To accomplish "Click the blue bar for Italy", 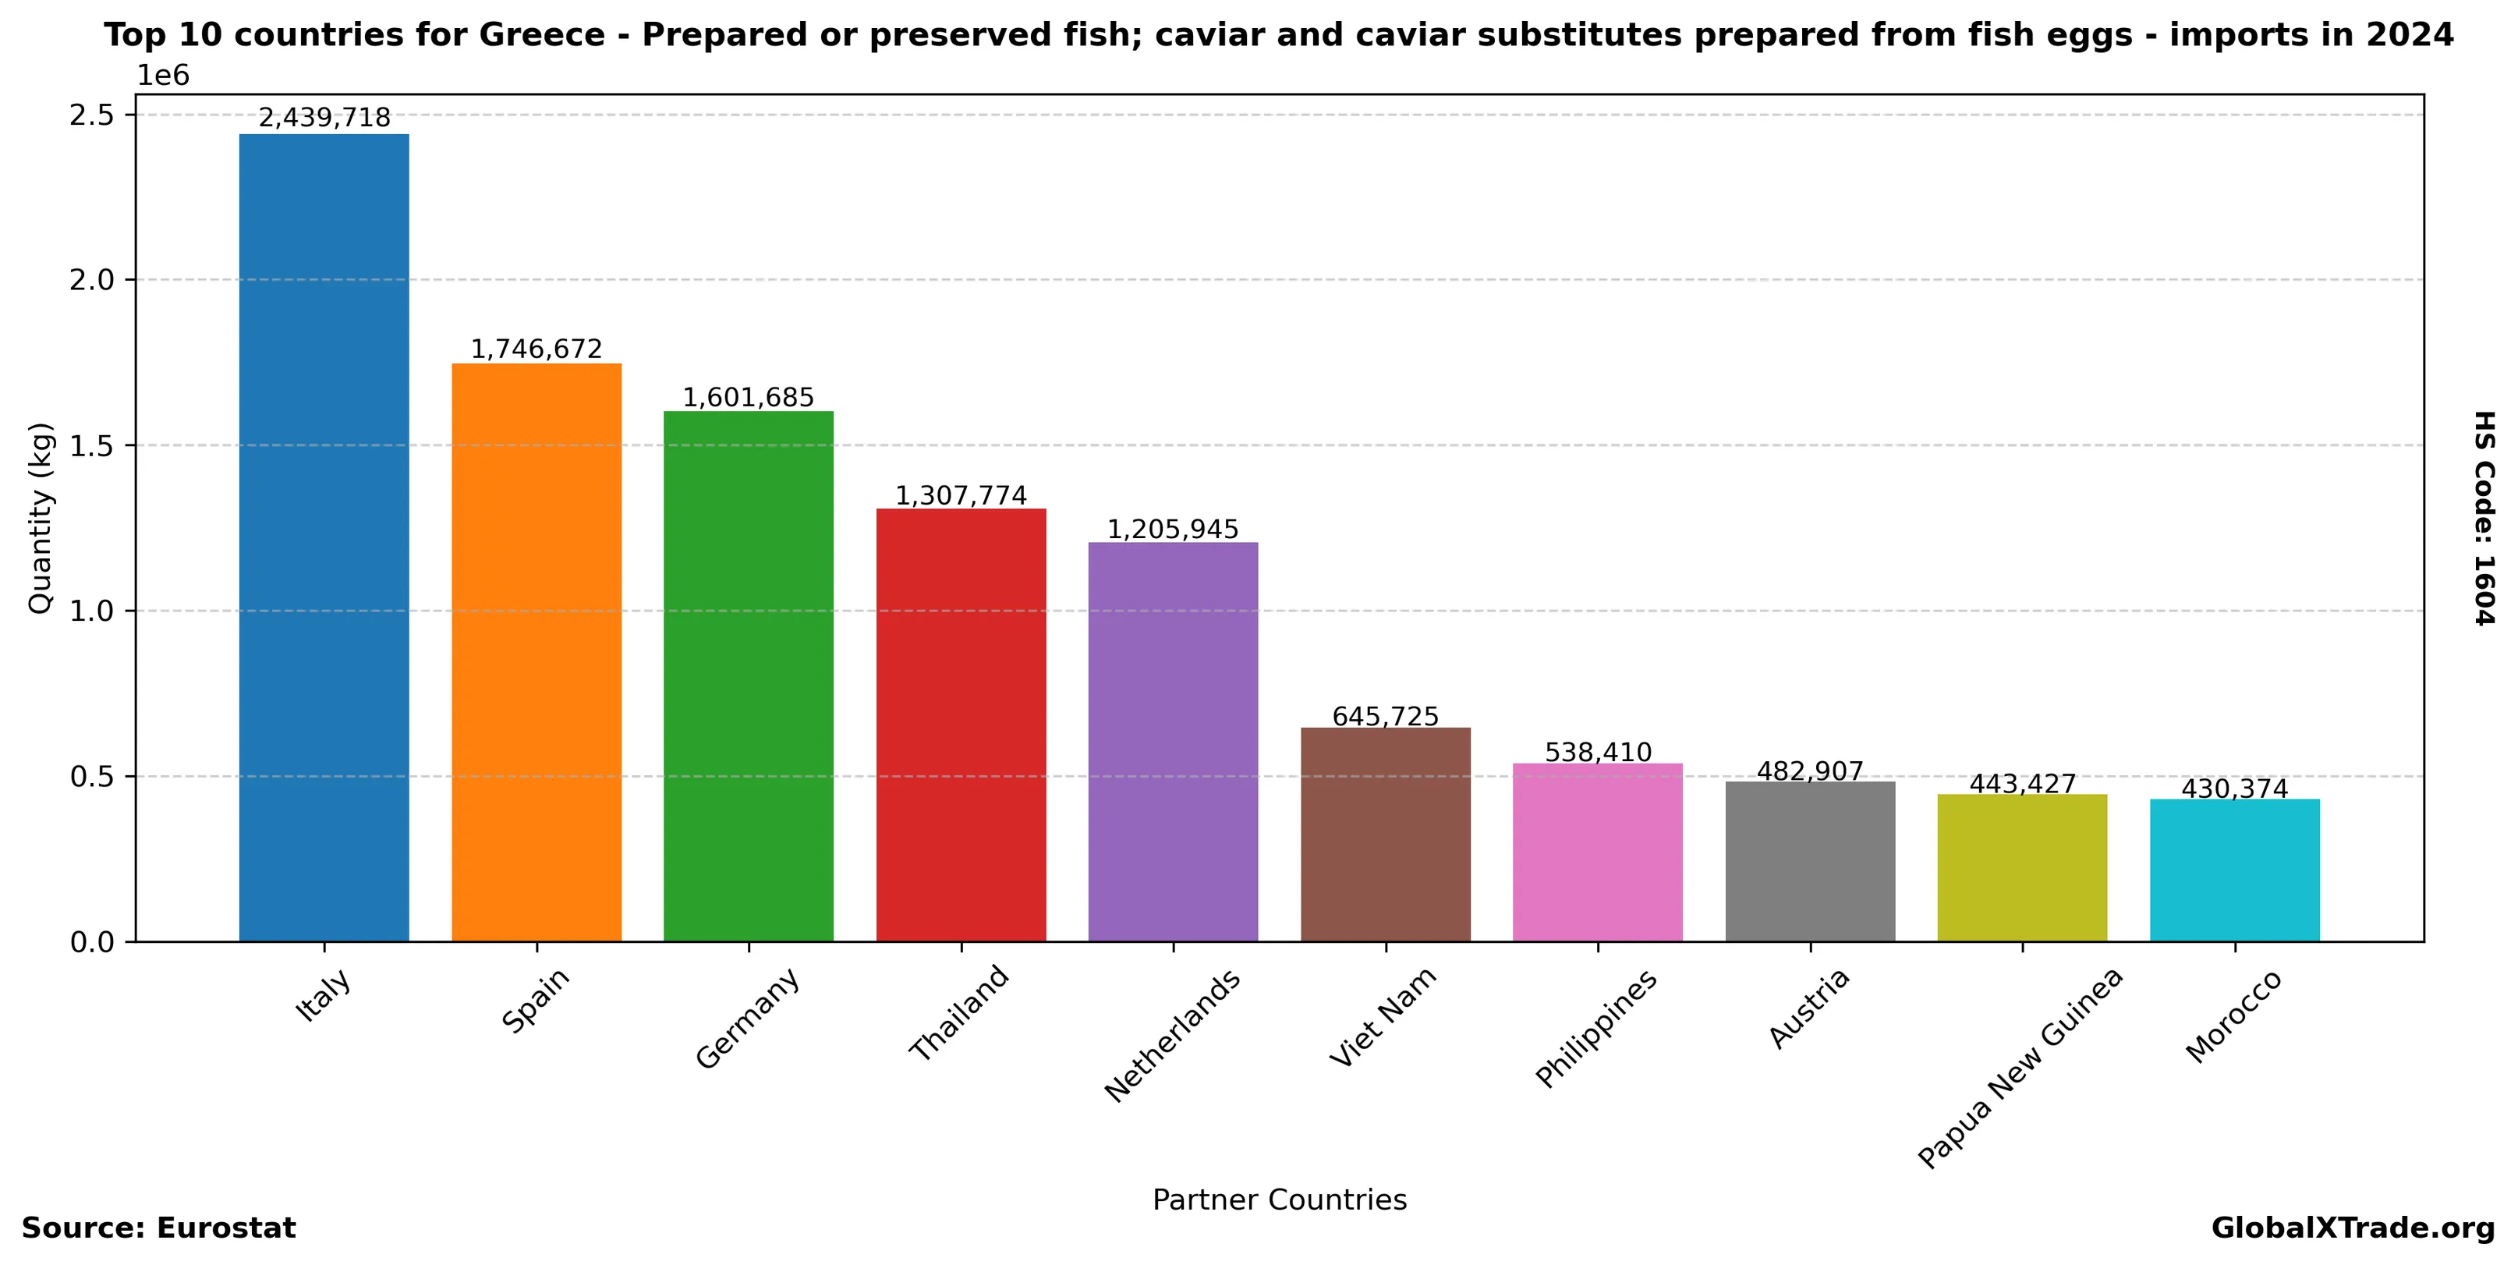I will [324, 537].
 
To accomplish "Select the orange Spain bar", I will [536, 652].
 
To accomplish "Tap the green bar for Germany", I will [748, 675].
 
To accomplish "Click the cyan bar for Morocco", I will [2234, 870].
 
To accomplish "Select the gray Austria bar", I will [1810, 861].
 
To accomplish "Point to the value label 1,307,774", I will [961, 496].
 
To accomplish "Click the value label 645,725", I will [1385, 717].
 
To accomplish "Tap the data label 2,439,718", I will [324, 119].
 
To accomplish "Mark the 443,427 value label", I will [2022, 784].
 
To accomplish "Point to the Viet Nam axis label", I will [1383, 1017].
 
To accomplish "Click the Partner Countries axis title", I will [1279, 1199].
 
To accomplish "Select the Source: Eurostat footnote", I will [158, 1228].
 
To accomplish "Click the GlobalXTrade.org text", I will [2353, 1228].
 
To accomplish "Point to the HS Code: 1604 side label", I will [2484, 518].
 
